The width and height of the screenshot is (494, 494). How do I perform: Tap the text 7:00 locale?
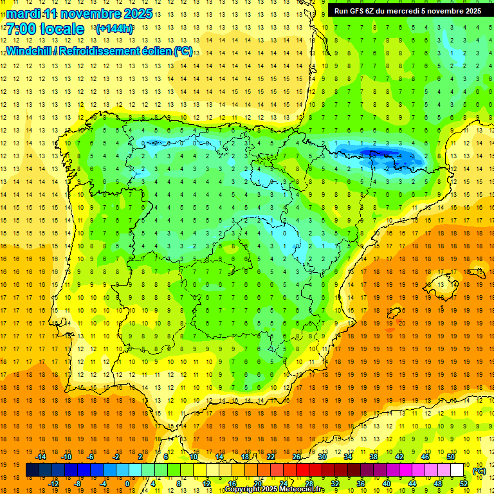[45, 29]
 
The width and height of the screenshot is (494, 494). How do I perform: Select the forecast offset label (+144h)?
[114, 29]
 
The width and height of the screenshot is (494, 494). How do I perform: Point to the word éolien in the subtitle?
[153, 51]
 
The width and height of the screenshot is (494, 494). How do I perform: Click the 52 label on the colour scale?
[464, 484]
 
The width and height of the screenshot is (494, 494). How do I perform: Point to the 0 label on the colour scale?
[127, 484]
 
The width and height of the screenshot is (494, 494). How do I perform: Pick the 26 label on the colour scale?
[297, 457]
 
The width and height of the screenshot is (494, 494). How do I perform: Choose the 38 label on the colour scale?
[374, 457]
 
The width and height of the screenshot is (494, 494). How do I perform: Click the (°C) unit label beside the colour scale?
[479, 471]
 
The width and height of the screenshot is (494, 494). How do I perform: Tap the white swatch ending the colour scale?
[457, 470]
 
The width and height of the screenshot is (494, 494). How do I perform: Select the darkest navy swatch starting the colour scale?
[33, 470]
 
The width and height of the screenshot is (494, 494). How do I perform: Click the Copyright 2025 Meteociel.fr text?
[275, 489]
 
